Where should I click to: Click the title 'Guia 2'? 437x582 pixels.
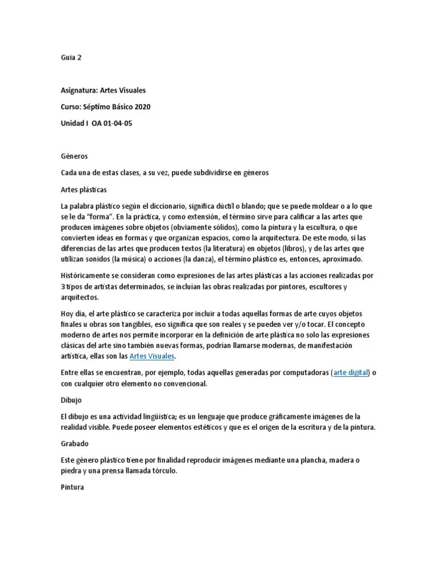tap(71, 58)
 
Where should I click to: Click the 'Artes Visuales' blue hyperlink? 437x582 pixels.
tap(152, 356)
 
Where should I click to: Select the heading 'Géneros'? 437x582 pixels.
tap(74, 156)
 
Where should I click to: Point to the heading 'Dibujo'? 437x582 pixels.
tap(72, 400)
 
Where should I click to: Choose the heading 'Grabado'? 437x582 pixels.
tap(75, 443)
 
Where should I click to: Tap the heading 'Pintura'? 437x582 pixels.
tap(72, 487)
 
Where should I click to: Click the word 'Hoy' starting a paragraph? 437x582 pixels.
tap(68, 314)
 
